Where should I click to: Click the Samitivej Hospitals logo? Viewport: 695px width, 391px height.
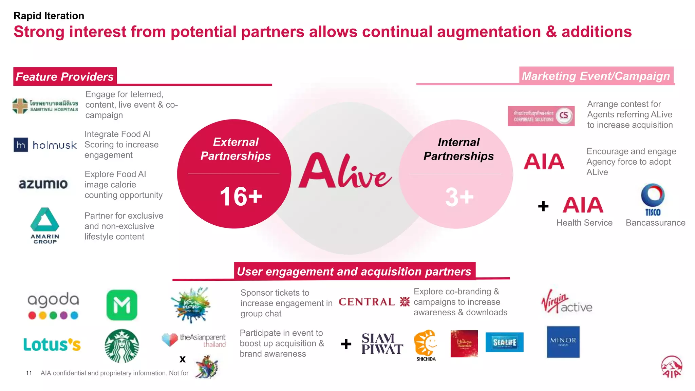(x=45, y=106)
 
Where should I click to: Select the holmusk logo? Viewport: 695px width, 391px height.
(x=45, y=145)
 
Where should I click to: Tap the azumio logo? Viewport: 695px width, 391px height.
(x=43, y=184)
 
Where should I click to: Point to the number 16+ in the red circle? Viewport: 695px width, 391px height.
(x=241, y=197)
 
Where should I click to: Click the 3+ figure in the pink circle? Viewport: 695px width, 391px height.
(x=459, y=197)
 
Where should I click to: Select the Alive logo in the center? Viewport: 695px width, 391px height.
(x=345, y=171)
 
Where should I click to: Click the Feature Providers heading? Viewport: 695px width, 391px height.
(x=65, y=77)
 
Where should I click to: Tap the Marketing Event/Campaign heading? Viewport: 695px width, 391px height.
(x=596, y=76)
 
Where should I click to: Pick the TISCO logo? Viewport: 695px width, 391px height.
(x=653, y=200)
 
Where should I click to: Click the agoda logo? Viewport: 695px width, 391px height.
(x=53, y=305)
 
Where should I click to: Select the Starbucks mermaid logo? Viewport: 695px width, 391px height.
(x=121, y=346)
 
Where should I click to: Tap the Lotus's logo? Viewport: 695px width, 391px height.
(x=52, y=345)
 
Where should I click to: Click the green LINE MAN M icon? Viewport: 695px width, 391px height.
(x=122, y=305)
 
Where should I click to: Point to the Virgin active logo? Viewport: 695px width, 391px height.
(x=566, y=302)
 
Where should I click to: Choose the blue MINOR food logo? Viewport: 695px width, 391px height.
(x=563, y=342)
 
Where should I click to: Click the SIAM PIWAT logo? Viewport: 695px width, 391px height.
(x=382, y=343)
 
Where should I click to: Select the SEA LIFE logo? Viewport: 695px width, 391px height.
(x=504, y=342)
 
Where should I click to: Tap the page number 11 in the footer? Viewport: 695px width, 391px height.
(x=29, y=373)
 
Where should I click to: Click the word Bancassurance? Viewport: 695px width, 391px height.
(x=655, y=223)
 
